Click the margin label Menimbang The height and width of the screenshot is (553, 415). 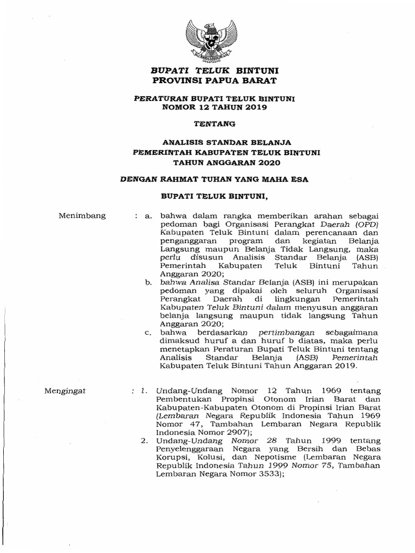click(82, 216)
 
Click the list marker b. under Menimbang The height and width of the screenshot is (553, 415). click(148, 282)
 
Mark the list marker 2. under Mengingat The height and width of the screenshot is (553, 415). click(144, 441)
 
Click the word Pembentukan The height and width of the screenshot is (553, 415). click(182, 399)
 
